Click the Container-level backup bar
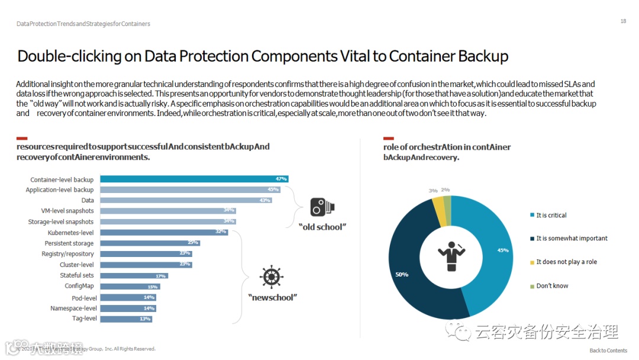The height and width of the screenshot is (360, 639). point(194,179)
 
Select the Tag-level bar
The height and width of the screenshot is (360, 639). point(126,319)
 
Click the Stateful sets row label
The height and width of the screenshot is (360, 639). point(76,275)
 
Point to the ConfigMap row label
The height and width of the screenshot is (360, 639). point(79,286)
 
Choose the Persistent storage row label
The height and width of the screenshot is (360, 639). point(69,243)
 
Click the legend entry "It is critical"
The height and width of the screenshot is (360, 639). point(551,215)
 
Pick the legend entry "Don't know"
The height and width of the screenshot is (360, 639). point(552,286)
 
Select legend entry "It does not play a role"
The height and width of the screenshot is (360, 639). point(566,262)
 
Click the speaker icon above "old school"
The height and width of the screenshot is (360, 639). point(323,207)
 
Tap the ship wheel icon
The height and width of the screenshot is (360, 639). point(271,277)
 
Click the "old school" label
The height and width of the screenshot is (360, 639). point(321,227)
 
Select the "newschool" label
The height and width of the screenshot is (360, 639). point(272,297)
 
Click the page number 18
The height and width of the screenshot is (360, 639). point(623,21)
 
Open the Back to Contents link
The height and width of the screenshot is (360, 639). point(608,351)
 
